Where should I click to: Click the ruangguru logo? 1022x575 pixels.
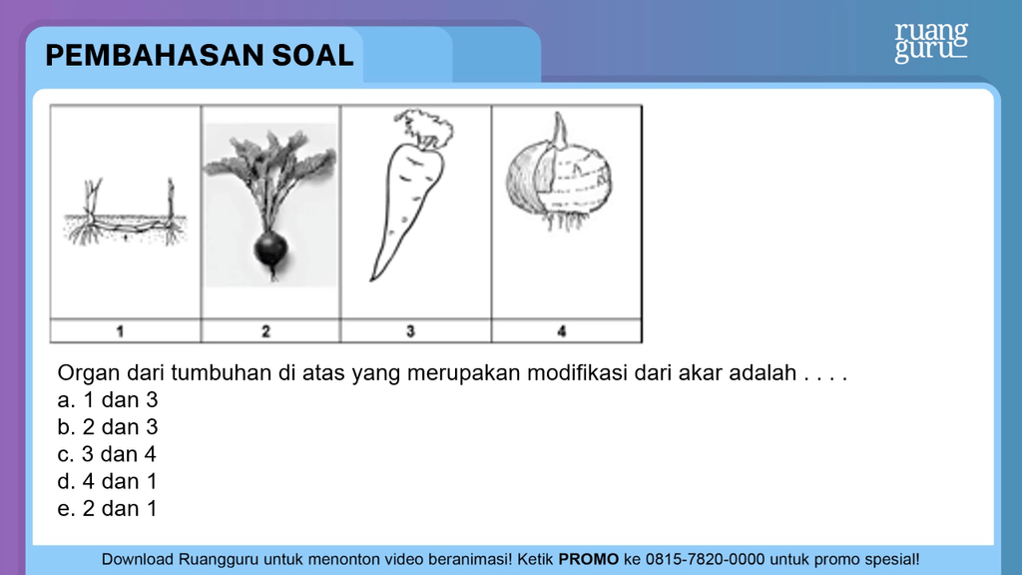pos(931,42)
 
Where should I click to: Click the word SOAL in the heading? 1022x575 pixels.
pos(312,56)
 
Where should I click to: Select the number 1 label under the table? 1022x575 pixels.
pos(120,331)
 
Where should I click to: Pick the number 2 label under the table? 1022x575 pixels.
pos(265,331)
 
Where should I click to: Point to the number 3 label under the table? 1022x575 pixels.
pos(410,331)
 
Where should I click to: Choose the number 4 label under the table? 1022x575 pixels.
pos(562,331)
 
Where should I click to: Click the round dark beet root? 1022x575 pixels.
pos(270,251)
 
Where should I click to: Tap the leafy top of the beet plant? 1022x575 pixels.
pos(269,171)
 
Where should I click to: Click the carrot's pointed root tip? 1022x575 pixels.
pos(371,280)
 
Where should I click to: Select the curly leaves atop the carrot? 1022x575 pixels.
pos(423,128)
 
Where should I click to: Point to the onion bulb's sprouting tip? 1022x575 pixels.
pos(559,128)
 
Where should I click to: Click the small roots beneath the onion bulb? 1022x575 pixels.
pos(565,221)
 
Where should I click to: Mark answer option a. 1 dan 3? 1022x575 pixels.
pos(108,399)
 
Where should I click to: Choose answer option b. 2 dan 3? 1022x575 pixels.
pos(108,427)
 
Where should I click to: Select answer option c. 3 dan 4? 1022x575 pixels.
pos(107,454)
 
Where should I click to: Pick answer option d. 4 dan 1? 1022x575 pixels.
pos(108,482)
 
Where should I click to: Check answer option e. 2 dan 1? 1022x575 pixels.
pos(108,508)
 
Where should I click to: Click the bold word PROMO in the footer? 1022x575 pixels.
pos(589,559)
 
